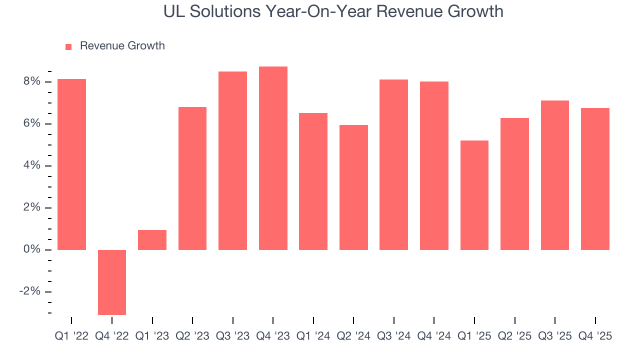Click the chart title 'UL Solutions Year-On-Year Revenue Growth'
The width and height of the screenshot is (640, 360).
(333, 11)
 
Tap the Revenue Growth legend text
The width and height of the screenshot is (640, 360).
(122, 46)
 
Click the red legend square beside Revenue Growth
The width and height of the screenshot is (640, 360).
(68, 46)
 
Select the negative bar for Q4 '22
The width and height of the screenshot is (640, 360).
(112, 282)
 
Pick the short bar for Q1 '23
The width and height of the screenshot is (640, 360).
(152, 240)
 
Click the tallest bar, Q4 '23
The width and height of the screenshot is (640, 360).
(273, 158)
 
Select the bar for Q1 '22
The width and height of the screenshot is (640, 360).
(71, 164)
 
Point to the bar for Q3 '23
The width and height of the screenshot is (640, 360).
(232, 160)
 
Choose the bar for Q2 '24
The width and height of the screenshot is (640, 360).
(353, 187)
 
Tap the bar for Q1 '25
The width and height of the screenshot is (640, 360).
(474, 195)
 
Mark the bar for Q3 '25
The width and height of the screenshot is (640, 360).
(555, 175)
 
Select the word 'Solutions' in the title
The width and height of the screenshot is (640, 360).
(222, 11)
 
